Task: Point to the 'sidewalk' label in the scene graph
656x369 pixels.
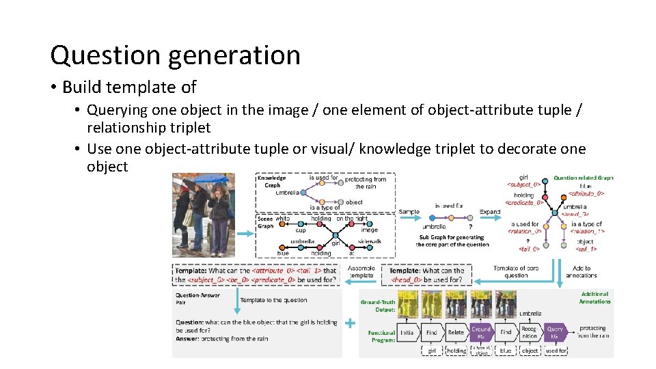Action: tap(369, 241)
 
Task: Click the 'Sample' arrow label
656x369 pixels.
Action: tap(409, 211)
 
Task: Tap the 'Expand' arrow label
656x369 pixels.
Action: tap(489, 211)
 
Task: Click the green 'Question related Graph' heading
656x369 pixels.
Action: tap(584, 178)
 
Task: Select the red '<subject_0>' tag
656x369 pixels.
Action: tap(523, 184)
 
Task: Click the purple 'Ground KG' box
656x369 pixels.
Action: tap(481, 332)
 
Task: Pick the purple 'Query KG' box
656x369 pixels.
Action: tap(555, 332)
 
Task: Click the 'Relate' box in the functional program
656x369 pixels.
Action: tap(456, 332)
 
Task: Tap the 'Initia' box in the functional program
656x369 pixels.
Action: tap(407, 332)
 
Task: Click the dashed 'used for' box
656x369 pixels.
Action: tap(556, 351)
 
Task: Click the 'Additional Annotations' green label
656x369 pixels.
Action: tap(594, 298)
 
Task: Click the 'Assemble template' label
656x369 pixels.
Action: tap(361, 271)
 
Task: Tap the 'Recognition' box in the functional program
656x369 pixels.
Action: tap(530, 332)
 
